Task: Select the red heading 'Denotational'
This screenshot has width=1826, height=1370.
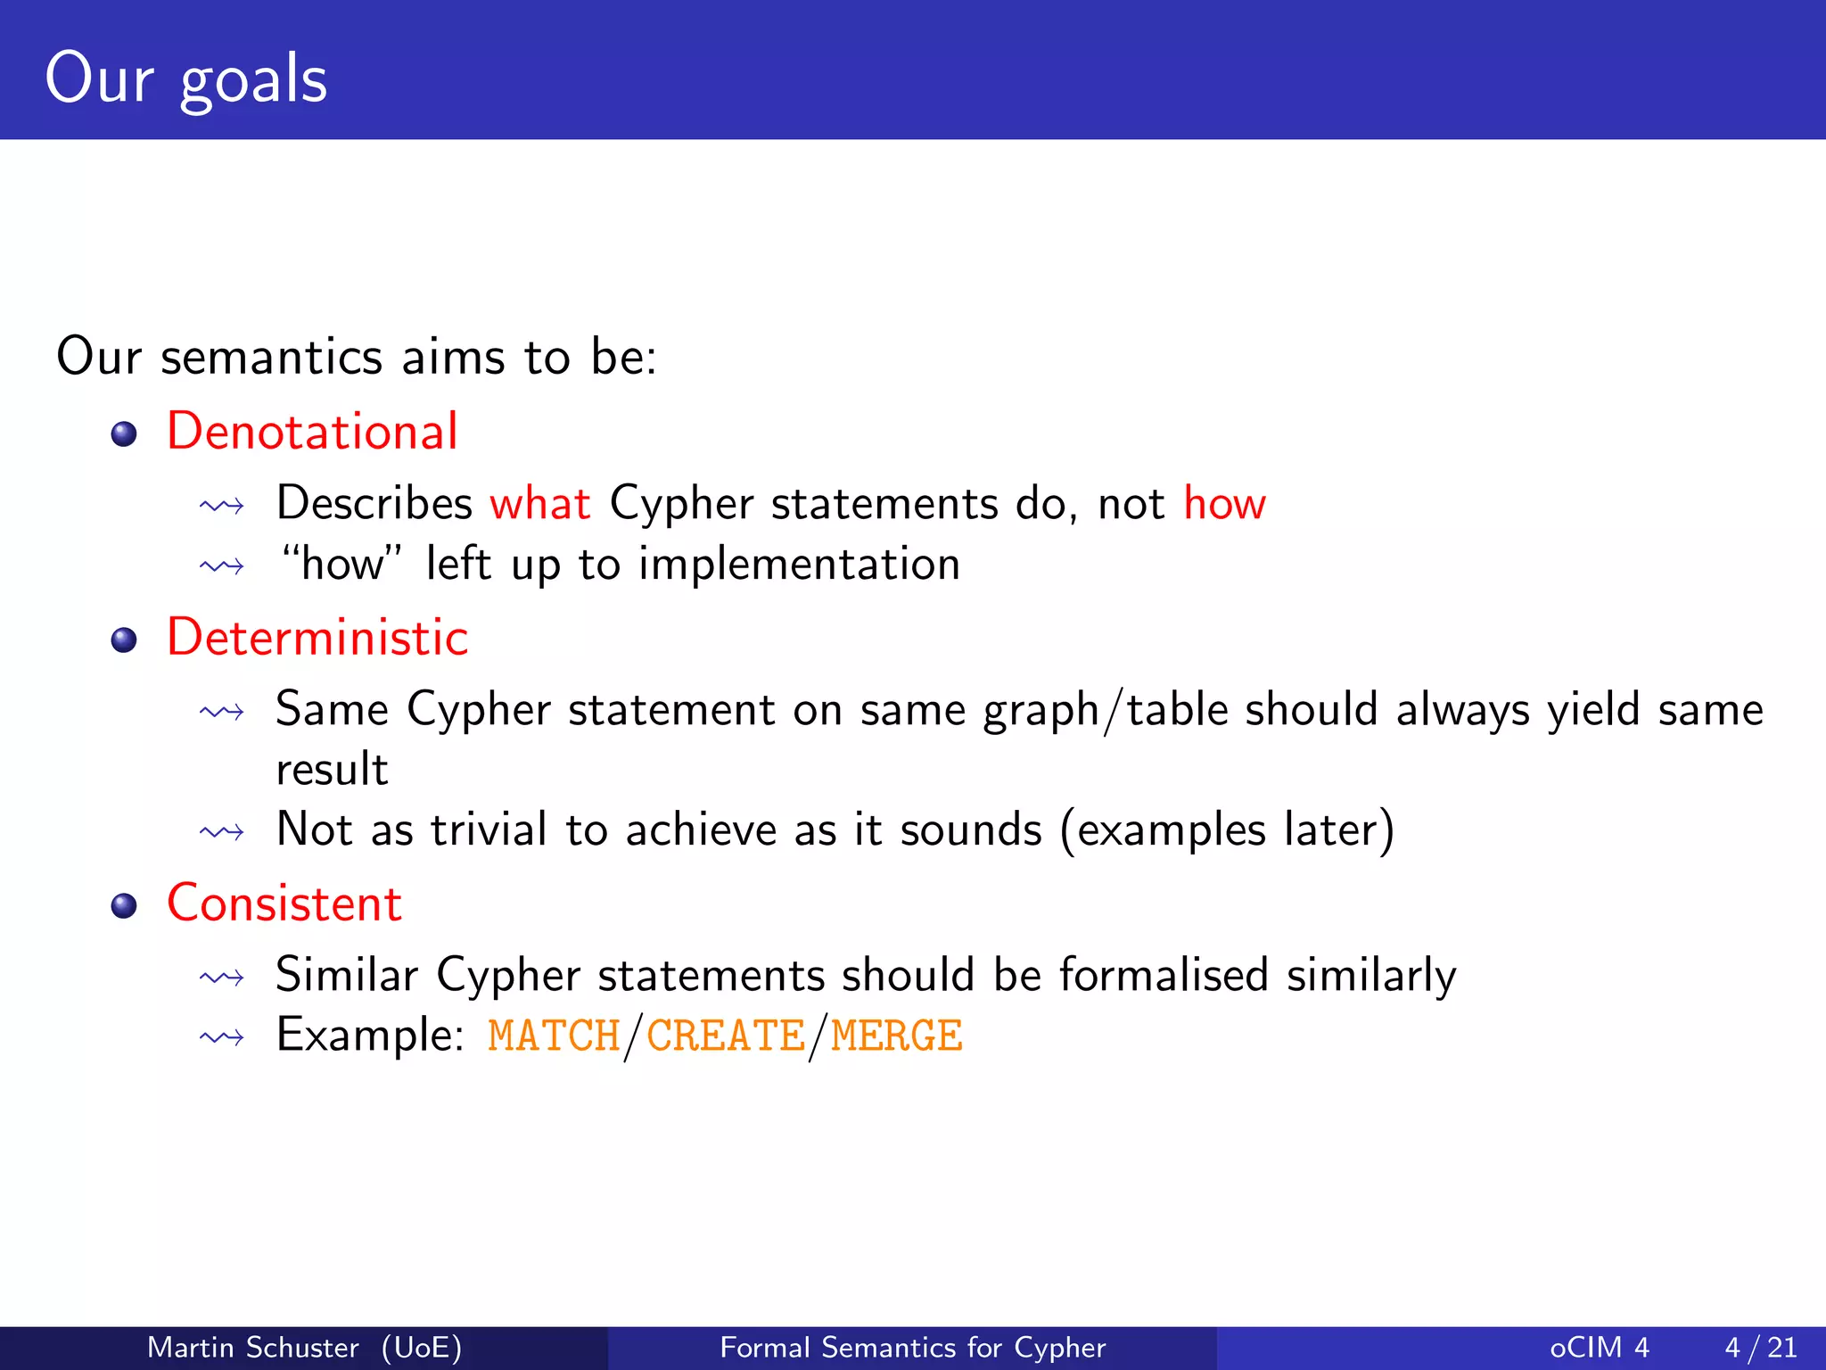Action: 312,432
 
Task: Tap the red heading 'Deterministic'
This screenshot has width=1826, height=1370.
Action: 317,638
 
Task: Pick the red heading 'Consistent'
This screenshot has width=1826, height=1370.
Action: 284,904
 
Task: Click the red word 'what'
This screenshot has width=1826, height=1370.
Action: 540,504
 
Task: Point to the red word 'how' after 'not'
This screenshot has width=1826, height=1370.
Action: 1224,504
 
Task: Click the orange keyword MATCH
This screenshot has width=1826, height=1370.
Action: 554,1036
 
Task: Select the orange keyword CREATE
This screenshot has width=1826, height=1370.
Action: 726,1036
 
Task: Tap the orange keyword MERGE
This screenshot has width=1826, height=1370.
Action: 896,1036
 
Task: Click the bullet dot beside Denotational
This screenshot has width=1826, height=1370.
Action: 124,434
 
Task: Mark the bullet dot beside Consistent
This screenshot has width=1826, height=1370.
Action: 124,906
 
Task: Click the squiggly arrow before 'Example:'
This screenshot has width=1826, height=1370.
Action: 222,1037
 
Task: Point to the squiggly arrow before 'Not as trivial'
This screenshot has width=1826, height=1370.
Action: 222,832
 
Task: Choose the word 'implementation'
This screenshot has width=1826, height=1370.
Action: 799,565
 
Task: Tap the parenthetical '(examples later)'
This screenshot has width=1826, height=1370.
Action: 1227,830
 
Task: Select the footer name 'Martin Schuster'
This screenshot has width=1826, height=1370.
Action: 252,1347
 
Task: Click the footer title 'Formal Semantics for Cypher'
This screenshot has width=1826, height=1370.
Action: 912,1347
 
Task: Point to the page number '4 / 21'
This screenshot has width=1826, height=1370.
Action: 1760,1347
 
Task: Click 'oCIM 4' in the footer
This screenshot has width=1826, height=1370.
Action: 1599,1347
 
